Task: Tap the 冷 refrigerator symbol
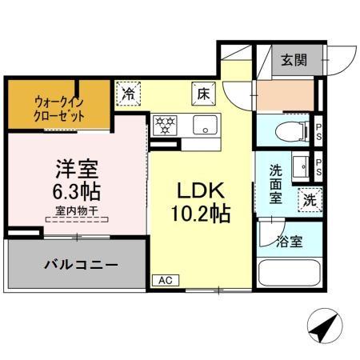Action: (128, 94)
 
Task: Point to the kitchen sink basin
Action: (205, 125)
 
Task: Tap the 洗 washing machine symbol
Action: (309, 200)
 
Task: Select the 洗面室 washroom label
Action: (274, 183)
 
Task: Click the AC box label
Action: (164, 281)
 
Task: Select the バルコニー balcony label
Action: (81, 264)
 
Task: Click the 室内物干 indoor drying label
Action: (77, 211)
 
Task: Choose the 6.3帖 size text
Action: (78, 192)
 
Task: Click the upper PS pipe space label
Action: (318, 130)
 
